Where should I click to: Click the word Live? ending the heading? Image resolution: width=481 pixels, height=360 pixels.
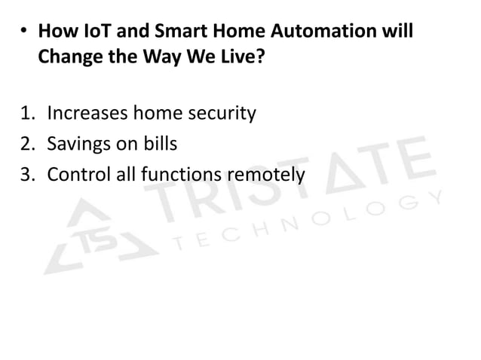(243, 57)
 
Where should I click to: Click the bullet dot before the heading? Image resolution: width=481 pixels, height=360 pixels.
(24, 35)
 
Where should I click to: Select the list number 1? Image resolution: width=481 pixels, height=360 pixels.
(26, 114)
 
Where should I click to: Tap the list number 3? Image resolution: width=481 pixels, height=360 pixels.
(26, 175)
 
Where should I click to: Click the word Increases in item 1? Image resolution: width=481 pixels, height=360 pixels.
(87, 114)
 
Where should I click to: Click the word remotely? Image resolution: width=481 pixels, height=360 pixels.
(268, 175)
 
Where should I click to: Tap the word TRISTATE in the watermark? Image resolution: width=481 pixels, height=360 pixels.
(286, 177)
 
